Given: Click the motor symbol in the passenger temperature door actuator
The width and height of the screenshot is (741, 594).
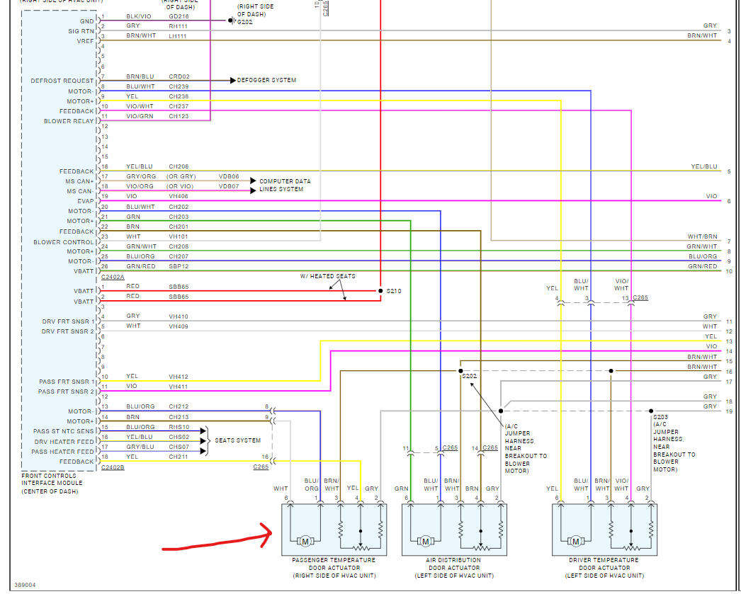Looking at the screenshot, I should click(305, 542).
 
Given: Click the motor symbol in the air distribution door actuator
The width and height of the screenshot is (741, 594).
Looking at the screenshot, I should click(426, 542).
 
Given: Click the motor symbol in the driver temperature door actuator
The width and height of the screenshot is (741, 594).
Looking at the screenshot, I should click(576, 542).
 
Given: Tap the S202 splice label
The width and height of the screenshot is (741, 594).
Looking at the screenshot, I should click(470, 376).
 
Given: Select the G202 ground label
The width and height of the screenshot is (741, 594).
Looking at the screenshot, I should click(244, 22).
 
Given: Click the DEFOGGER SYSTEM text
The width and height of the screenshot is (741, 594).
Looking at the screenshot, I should click(266, 81).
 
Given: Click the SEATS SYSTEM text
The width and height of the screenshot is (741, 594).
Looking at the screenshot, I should click(237, 440).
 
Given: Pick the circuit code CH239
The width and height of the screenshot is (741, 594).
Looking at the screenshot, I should click(179, 86).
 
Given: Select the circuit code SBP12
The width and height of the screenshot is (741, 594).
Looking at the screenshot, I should click(179, 266).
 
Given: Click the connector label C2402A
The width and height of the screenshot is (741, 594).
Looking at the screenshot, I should click(113, 277).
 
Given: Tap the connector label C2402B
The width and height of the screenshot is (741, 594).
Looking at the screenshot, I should click(113, 467).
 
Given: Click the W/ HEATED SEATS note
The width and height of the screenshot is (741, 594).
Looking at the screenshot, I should click(328, 276).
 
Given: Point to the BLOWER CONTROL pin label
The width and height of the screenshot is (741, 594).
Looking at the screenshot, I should click(63, 242).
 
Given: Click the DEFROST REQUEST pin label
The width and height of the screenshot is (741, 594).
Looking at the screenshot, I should click(62, 81).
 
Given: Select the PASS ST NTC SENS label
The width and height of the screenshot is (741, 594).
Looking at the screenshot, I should click(63, 431).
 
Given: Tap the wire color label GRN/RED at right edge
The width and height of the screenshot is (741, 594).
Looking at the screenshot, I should click(703, 266).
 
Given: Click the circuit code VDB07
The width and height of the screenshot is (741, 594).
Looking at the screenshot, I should click(229, 186).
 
